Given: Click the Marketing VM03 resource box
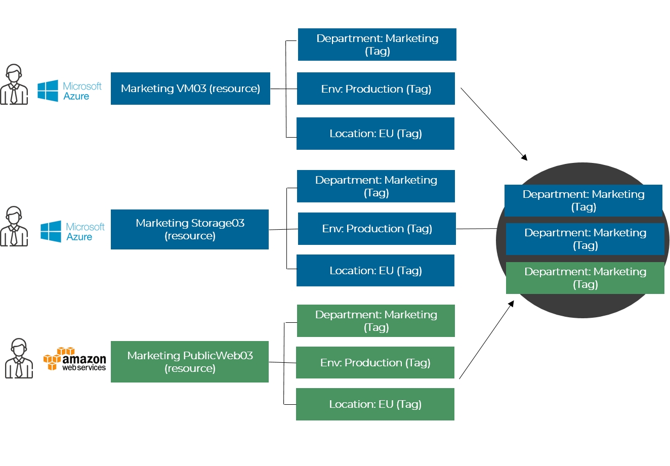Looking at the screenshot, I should pyautogui.click(x=190, y=89).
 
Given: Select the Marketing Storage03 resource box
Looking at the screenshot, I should pyautogui.click(x=190, y=229).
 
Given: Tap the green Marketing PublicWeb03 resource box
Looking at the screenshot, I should pyautogui.click(x=190, y=362).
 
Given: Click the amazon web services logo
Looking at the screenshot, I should pyautogui.click(x=75, y=359).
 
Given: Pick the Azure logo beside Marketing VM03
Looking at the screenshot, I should pyautogui.click(x=69, y=91).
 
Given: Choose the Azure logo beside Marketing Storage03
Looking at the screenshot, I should pyautogui.click(x=72, y=232).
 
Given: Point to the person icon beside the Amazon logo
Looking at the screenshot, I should pyautogui.click(x=19, y=359).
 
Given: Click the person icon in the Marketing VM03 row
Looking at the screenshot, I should pyautogui.click(x=14, y=84).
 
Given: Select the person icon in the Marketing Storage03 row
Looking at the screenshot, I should pyautogui.click(x=14, y=226).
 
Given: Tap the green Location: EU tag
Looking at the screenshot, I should pyautogui.click(x=375, y=404).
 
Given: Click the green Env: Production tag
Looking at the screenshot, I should pyautogui.click(x=375, y=363).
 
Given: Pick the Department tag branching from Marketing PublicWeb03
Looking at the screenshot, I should pyautogui.click(x=376, y=321).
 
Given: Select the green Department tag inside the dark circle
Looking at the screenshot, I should pyautogui.click(x=585, y=278).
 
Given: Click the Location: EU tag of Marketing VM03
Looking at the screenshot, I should pyautogui.click(x=375, y=134).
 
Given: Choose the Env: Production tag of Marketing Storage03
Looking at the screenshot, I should pyautogui.click(x=377, y=229).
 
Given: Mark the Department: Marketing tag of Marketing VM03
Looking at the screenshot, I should pyautogui.click(x=377, y=45).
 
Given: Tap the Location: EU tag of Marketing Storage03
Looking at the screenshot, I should pyautogui.click(x=375, y=271).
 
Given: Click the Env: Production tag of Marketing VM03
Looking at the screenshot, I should pyautogui.click(x=376, y=89).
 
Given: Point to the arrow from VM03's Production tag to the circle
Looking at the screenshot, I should pyautogui.click(x=493, y=124).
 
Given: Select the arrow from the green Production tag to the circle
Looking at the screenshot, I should pyautogui.click(x=486, y=340).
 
